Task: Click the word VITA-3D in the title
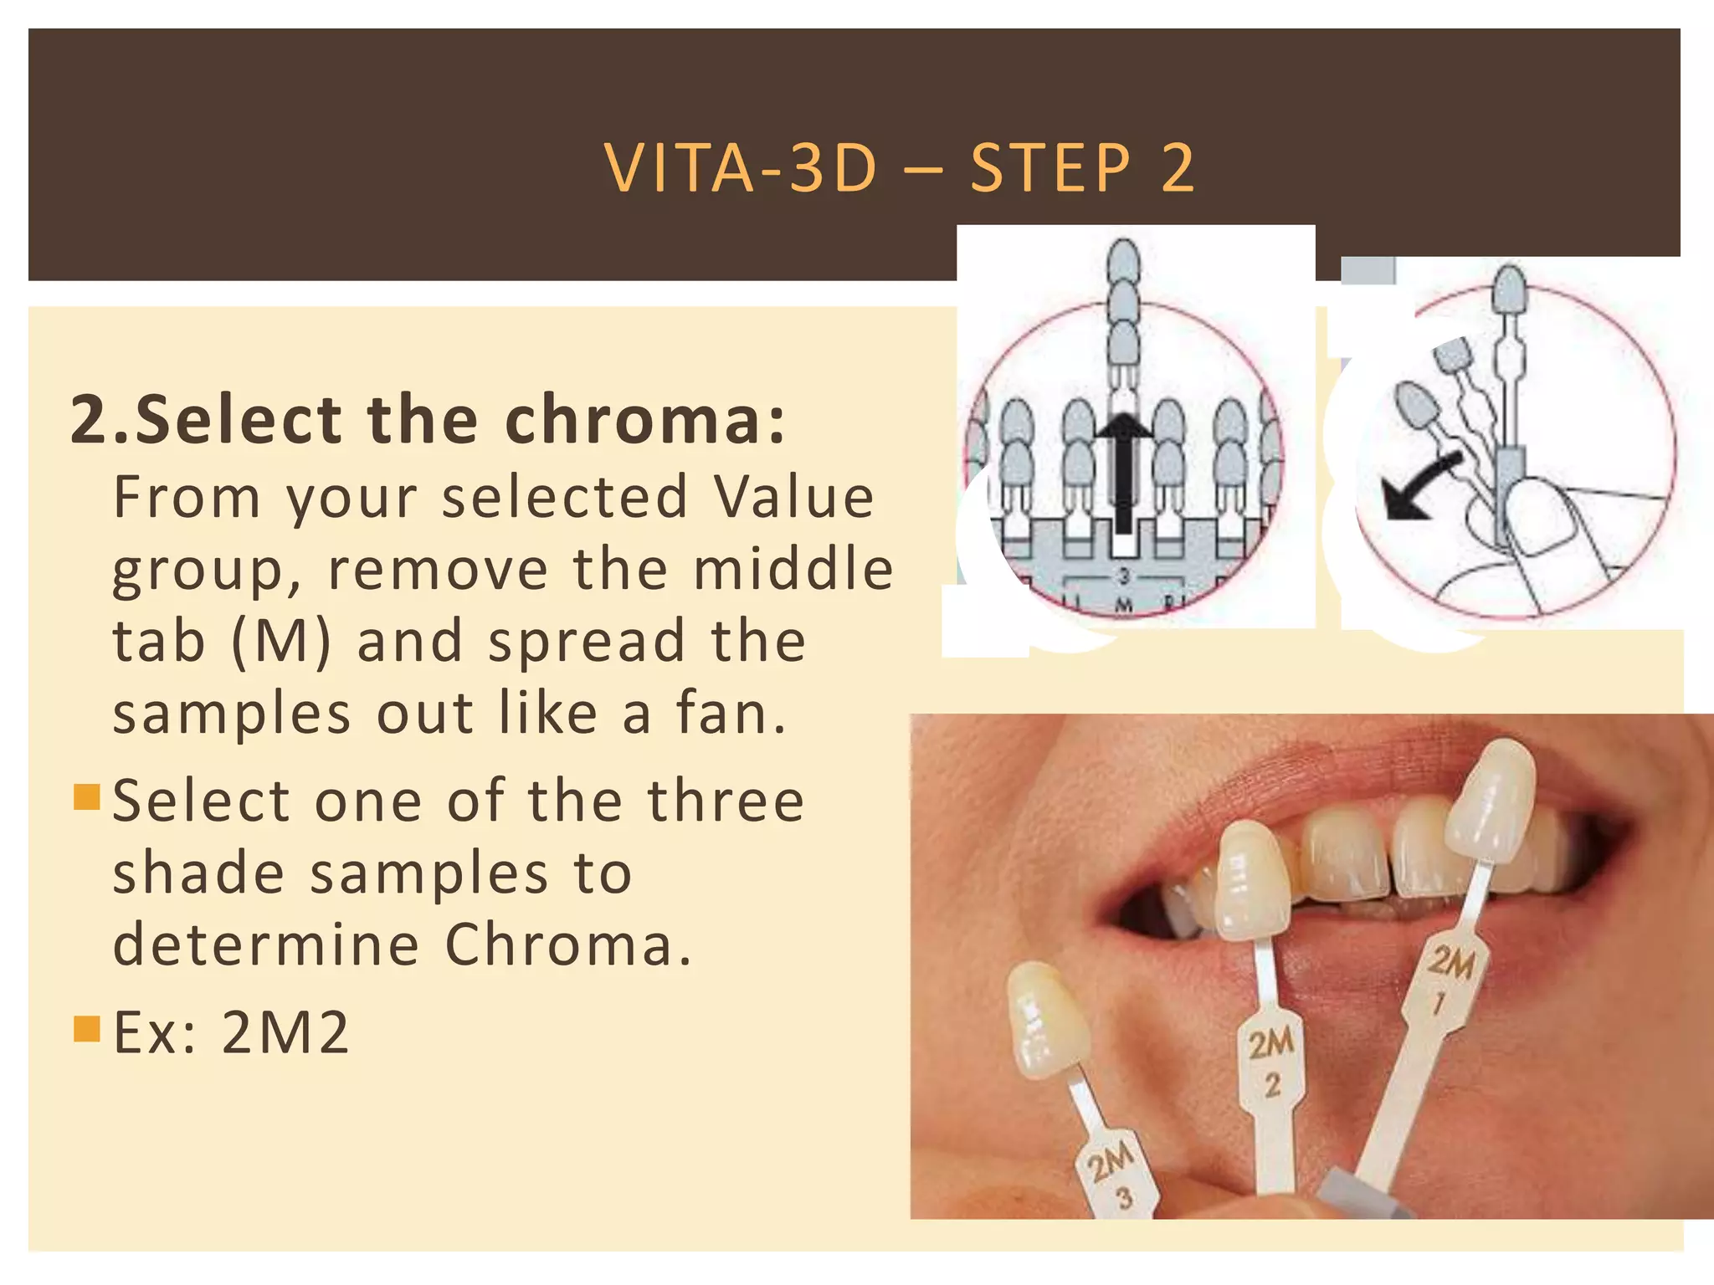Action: click(x=741, y=168)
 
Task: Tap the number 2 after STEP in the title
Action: click(x=1178, y=168)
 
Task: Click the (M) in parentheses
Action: click(x=281, y=641)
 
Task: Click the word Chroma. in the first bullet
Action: click(x=569, y=945)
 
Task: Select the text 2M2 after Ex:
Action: click(x=285, y=1032)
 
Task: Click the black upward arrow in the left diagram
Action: click(x=1123, y=477)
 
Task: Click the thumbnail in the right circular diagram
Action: click(x=1544, y=519)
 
